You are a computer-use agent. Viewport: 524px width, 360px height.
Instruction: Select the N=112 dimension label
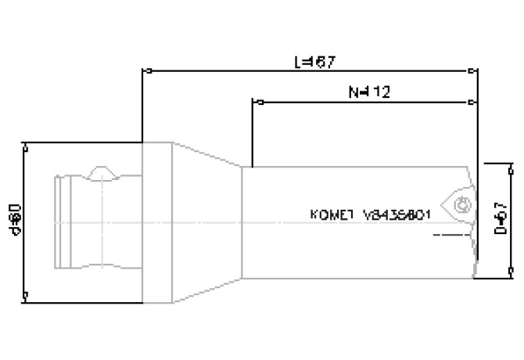[x=369, y=92]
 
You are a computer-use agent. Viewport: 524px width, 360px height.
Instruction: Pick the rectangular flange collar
[x=157, y=221]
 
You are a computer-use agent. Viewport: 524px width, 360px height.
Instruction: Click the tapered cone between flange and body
[x=205, y=221]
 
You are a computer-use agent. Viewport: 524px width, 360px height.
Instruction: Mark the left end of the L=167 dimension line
[x=142, y=70]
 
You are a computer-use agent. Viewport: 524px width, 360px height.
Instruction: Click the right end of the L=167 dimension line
[x=472, y=70]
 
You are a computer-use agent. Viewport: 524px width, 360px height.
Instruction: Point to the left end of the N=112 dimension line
[x=253, y=101]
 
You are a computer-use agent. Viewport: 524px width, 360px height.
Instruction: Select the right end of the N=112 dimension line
[x=472, y=101]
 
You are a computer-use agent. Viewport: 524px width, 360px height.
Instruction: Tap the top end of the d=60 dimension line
[x=27, y=144]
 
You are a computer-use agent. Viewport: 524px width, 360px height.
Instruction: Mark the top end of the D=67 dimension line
[x=488, y=164]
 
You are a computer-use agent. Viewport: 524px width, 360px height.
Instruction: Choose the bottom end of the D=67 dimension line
[x=488, y=276]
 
